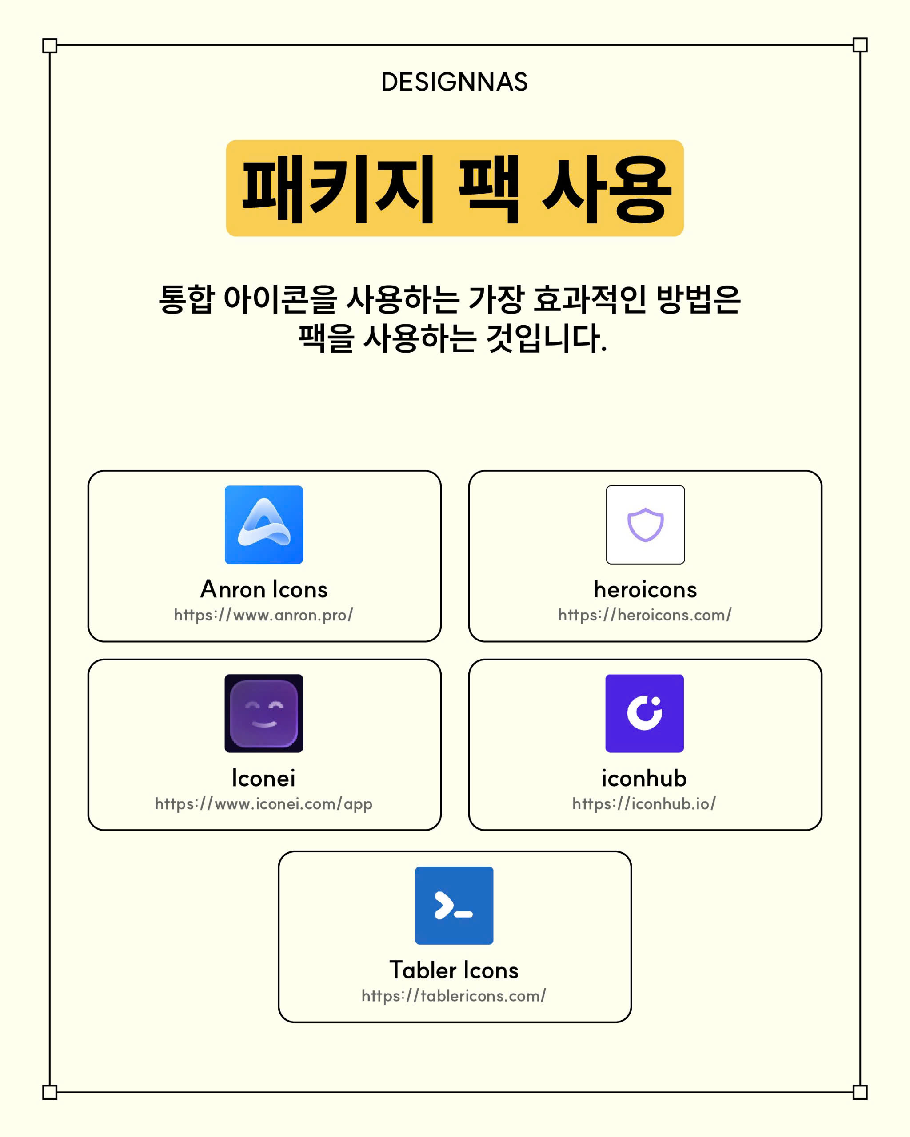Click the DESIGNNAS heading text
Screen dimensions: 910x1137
click(x=454, y=82)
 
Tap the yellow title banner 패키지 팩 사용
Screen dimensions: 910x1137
click(x=455, y=188)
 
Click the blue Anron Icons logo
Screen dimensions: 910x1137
click(x=264, y=525)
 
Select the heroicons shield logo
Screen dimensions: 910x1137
click(x=645, y=525)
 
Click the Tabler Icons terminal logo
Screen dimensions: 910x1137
click(x=454, y=906)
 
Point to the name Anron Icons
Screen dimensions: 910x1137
click(x=264, y=589)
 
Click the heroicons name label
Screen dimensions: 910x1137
click(x=645, y=589)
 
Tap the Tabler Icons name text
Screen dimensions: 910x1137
click(x=454, y=970)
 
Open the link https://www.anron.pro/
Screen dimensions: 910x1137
click(x=264, y=615)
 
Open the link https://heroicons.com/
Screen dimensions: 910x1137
click(x=645, y=615)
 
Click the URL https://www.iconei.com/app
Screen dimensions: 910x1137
click(x=264, y=804)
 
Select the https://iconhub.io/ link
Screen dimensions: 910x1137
click(x=644, y=804)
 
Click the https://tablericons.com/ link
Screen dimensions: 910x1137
click(x=454, y=996)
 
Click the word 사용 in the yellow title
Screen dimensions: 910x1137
click(x=607, y=189)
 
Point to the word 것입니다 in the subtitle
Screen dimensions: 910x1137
click(x=546, y=338)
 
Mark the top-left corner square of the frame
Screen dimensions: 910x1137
click(x=50, y=45)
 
